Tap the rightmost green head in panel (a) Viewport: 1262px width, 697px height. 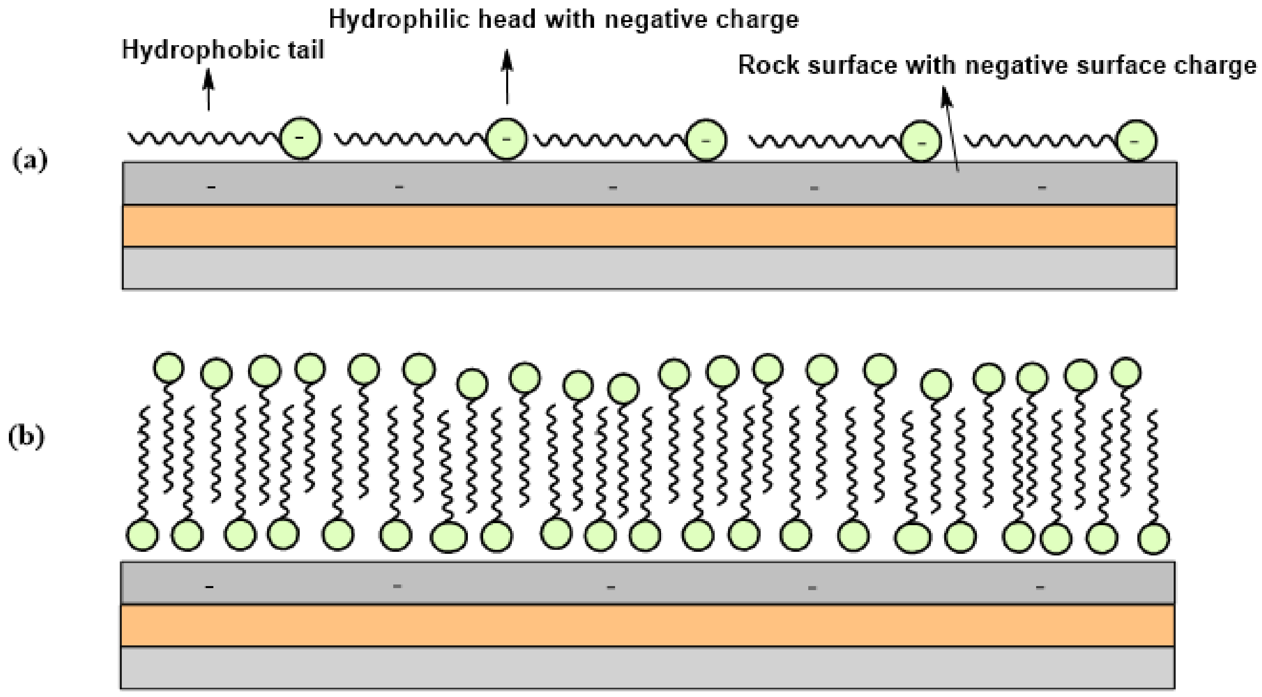tap(1136, 141)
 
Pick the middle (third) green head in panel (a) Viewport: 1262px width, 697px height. tap(706, 140)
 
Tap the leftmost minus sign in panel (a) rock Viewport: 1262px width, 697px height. tap(211, 187)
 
